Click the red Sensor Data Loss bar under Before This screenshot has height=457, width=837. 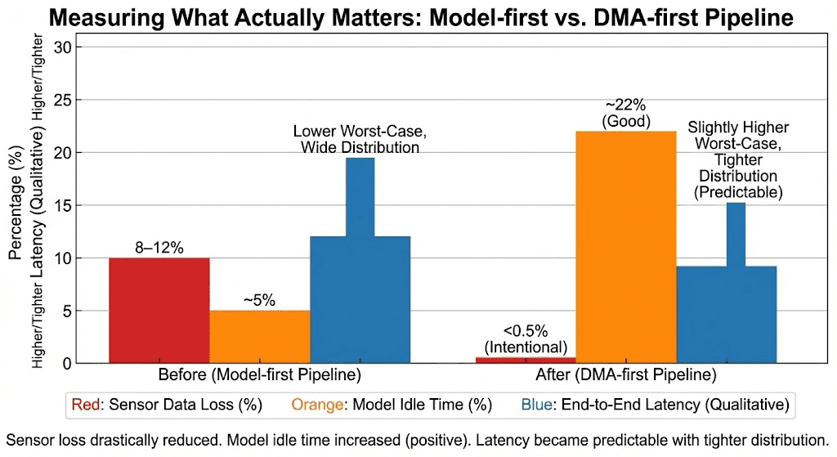(x=159, y=311)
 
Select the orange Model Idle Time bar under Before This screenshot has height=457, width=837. (x=259, y=337)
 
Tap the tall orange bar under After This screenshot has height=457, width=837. (x=626, y=247)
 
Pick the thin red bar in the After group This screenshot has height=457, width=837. (x=526, y=361)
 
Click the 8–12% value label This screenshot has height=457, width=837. (x=159, y=248)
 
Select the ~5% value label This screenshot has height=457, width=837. (x=259, y=301)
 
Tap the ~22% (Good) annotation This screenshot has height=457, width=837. (x=626, y=113)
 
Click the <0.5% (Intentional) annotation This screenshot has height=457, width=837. (x=526, y=339)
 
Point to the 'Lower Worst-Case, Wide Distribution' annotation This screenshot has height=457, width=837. (x=360, y=139)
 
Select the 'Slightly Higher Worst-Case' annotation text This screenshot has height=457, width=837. (x=738, y=135)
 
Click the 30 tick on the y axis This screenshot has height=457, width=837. (x=62, y=47)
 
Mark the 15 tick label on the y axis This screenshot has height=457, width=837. (x=62, y=205)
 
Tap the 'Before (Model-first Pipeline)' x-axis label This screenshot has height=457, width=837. (x=260, y=374)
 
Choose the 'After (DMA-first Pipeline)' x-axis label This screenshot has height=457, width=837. (x=626, y=374)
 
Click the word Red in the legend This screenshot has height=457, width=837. (x=86, y=405)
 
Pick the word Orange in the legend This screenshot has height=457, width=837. (x=317, y=405)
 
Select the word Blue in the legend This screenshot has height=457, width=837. (x=536, y=405)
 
